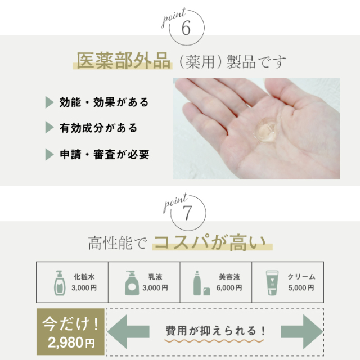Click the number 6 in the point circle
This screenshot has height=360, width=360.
click(186, 28)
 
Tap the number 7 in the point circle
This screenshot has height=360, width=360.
click(187, 213)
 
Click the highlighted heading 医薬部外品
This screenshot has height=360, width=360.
click(123, 61)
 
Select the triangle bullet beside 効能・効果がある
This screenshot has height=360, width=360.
click(49, 102)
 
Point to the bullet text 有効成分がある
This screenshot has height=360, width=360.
click(98, 128)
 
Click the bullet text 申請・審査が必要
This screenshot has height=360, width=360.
click(105, 154)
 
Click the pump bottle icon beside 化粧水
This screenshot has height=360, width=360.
click(60, 283)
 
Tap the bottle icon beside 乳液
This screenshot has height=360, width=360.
click(132, 283)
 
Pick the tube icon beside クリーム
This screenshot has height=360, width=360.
click(272, 283)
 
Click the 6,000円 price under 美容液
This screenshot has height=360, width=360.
click(229, 287)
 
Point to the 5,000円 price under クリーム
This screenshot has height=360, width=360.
click(301, 287)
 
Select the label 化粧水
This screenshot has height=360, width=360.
click(84, 277)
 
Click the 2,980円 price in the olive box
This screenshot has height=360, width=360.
click(71, 343)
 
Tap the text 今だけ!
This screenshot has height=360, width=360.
click(70, 324)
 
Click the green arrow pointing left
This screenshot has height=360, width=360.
click(128, 331)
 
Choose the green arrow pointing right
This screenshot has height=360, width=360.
click(301, 331)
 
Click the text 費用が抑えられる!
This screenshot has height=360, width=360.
click(215, 331)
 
